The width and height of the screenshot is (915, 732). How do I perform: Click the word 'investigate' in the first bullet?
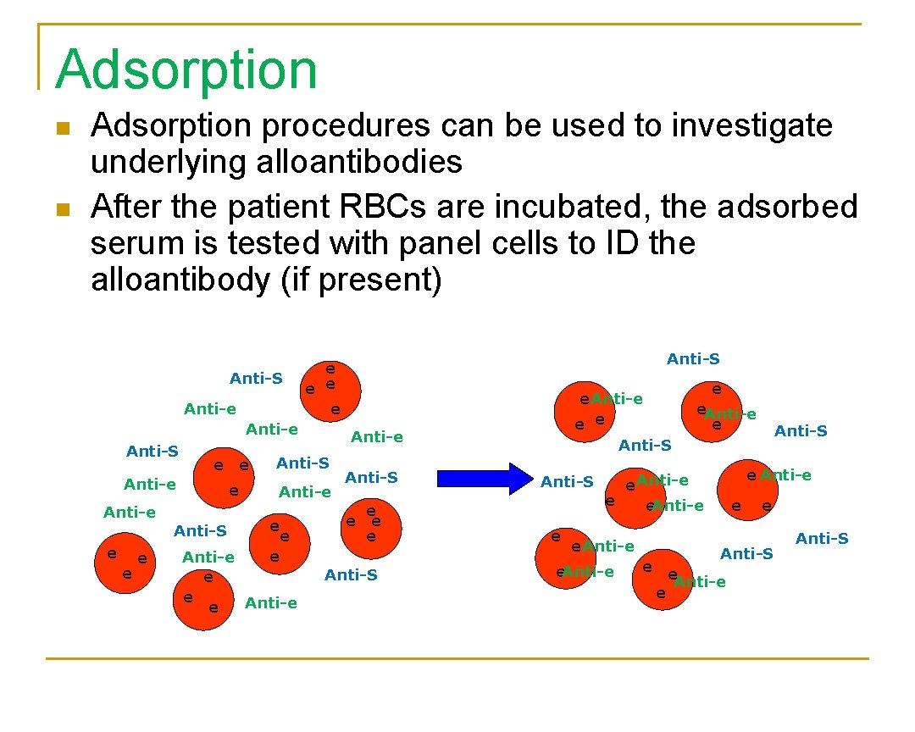click(x=751, y=126)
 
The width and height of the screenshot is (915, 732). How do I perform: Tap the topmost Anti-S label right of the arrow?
click(x=693, y=359)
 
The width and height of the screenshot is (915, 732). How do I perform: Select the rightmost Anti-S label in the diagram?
click(x=822, y=538)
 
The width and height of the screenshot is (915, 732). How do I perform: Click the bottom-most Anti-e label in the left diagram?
click(x=270, y=603)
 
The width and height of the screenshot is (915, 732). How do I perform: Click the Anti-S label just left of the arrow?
click(x=371, y=477)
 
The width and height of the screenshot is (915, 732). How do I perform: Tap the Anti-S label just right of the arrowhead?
click(x=567, y=482)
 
